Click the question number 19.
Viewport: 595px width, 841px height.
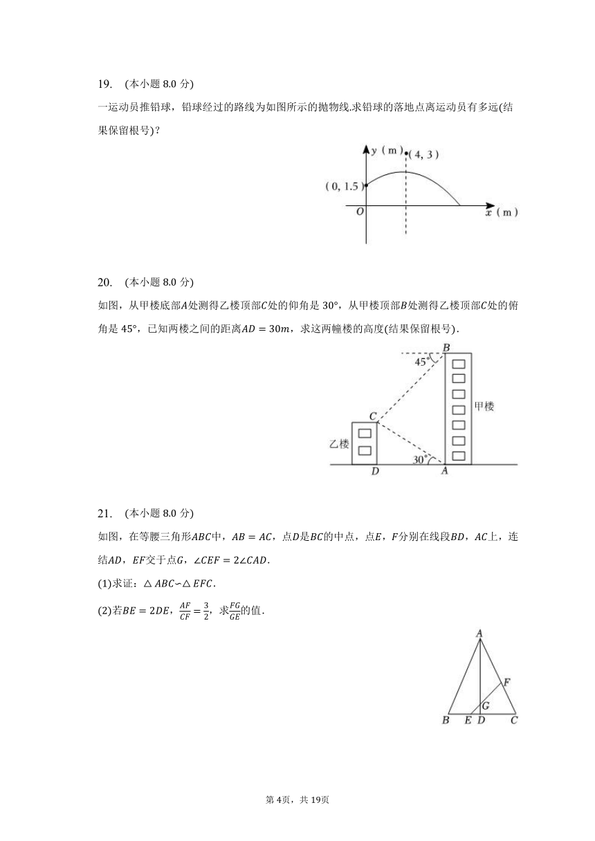(104, 84)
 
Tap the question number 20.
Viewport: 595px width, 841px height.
(104, 282)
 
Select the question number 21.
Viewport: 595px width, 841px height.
(104, 513)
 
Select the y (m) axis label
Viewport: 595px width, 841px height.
(387, 151)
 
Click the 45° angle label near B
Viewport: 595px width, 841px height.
(423, 362)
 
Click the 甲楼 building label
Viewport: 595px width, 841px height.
(484, 407)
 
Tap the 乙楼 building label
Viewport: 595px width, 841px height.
(338, 444)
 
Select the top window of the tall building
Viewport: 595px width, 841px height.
(457, 364)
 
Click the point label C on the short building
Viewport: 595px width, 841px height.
(372, 416)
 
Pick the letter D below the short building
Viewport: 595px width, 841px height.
(374, 472)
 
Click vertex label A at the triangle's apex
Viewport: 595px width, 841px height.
(479, 632)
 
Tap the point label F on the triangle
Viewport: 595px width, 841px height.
(506, 683)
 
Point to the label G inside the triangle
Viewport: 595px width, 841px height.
(486, 705)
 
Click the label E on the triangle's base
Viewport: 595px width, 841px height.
(468, 721)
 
